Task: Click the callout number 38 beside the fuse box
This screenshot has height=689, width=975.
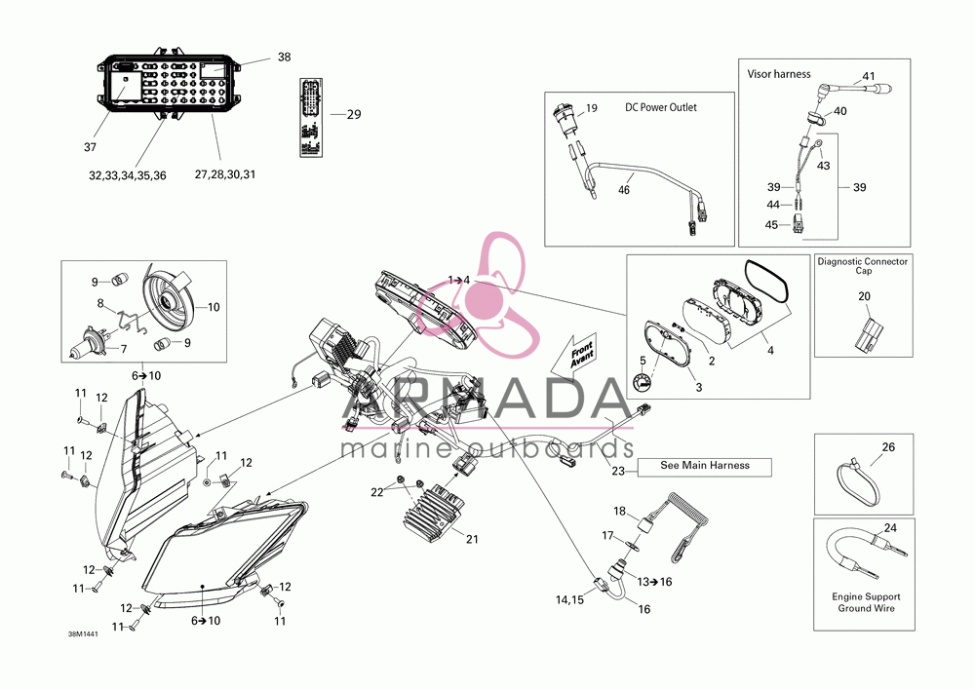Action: [x=284, y=57]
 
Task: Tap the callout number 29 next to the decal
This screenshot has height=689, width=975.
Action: [x=354, y=114]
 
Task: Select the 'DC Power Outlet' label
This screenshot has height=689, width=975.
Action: [x=661, y=107]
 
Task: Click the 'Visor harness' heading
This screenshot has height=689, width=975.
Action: [x=779, y=74]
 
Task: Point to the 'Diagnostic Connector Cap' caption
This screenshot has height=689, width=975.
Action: [x=863, y=266]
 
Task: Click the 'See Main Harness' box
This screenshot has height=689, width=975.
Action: [x=705, y=467]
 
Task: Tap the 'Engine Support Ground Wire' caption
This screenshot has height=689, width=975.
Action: [x=866, y=602]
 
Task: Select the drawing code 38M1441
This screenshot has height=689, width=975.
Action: [x=83, y=634]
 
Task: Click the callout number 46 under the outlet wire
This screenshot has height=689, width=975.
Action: [x=624, y=190]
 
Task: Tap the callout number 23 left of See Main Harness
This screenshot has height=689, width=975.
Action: [x=617, y=472]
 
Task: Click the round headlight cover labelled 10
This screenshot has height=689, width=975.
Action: [x=167, y=303]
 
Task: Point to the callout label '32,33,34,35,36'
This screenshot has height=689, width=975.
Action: [x=128, y=175]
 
